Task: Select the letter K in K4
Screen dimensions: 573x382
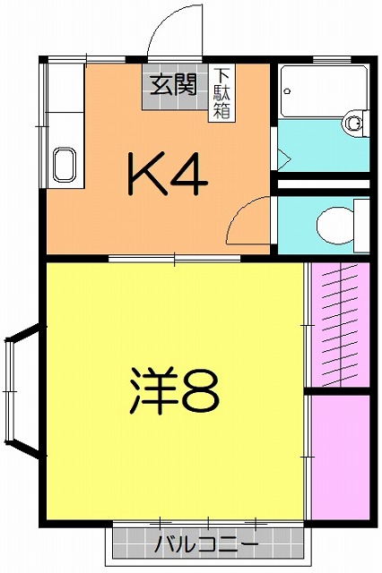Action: [x=148, y=175]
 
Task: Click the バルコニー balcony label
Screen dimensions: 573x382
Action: [x=206, y=543]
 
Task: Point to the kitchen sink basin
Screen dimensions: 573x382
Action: [x=65, y=164]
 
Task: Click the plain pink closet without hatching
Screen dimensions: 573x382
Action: [x=339, y=457]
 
